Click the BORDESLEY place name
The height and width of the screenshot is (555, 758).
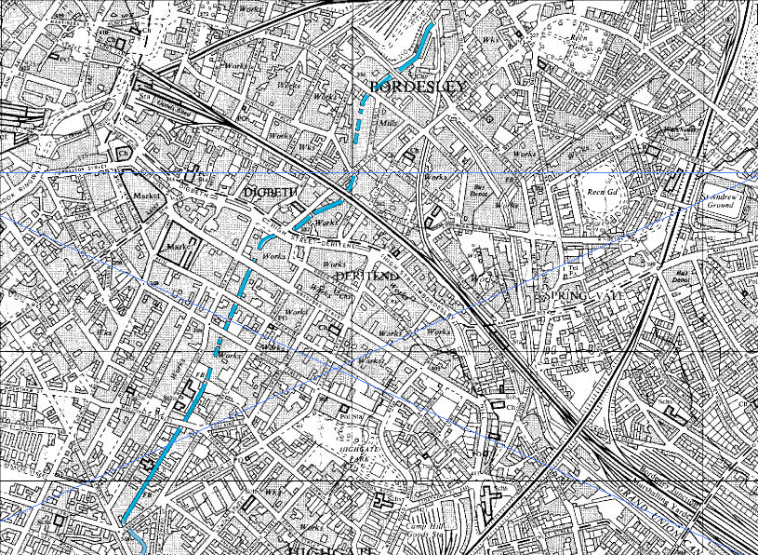(416, 87)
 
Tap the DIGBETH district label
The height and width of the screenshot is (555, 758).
(270, 192)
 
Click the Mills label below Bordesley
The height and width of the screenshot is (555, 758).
(388, 122)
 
